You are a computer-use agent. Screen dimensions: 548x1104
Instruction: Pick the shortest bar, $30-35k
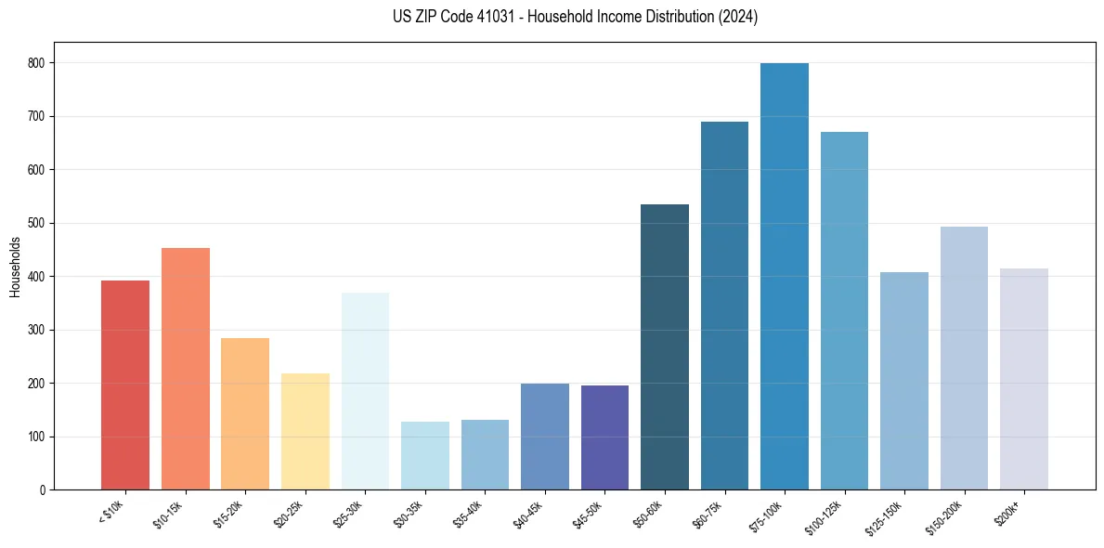point(425,456)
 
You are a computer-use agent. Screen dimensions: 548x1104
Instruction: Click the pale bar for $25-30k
point(365,391)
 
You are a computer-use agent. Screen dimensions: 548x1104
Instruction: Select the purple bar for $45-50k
point(604,437)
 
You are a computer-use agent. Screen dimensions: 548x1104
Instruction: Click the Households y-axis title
point(15,267)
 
